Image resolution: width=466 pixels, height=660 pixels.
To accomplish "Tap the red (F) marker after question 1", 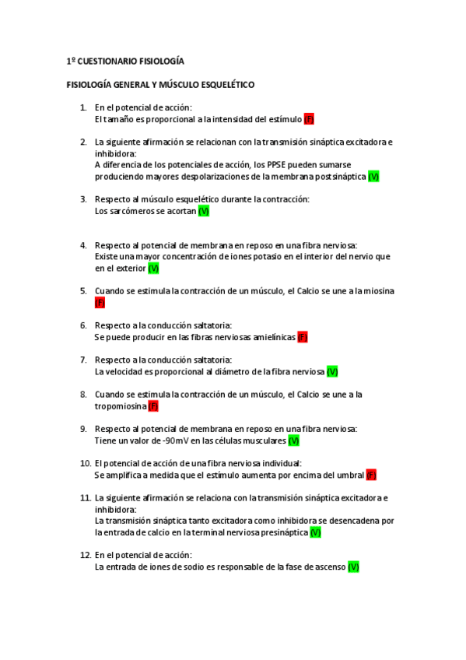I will pyautogui.click(x=309, y=119).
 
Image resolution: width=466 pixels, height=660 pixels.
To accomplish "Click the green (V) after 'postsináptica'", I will pyautogui.click(x=373, y=177).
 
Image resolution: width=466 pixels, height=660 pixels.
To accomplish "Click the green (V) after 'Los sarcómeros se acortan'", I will pyautogui.click(x=204, y=211).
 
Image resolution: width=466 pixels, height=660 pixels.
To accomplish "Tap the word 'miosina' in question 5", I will pyautogui.click(x=379, y=291).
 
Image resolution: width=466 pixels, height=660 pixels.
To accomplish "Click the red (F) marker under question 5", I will pyautogui.click(x=100, y=303).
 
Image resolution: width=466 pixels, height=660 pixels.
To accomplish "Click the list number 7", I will pyautogui.click(x=82, y=360).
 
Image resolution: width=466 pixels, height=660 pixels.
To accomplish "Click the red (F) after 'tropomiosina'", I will pyautogui.click(x=153, y=405).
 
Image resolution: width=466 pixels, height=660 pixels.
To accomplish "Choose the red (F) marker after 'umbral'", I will pyautogui.click(x=371, y=475).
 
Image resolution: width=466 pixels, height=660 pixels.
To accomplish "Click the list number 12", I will pyautogui.click(x=85, y=555).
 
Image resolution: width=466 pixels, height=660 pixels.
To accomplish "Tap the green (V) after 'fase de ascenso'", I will pyautogui.click(x=353, y=567).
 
